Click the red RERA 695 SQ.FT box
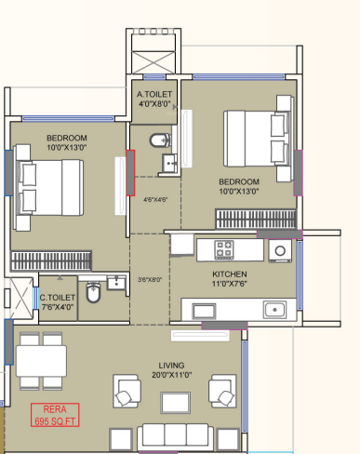(x=55, y=415)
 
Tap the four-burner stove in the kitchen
(x=224, y=249)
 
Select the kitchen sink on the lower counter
(x=274, y=310)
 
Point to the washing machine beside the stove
(x=280, y=250)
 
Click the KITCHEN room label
(x=230, y=274)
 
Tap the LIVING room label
(x=171, y=366)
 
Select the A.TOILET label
(x=154, y=94)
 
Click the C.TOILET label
(x=58, y=298)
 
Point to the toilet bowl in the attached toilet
(x=160, y=140)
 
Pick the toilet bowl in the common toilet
(x=93, y=292)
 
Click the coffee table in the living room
(x=176, y=403)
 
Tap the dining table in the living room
(x=41, y=361)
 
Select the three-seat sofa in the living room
(x=176, y=437)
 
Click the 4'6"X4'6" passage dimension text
(x=155, y=200)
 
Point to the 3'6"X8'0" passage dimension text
(x=150, y=280)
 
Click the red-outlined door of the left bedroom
(x=130, y=173)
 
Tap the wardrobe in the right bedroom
(x=256, y=219)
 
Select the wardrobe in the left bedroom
(x=51, y=260)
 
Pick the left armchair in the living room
(x=127, y=391)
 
